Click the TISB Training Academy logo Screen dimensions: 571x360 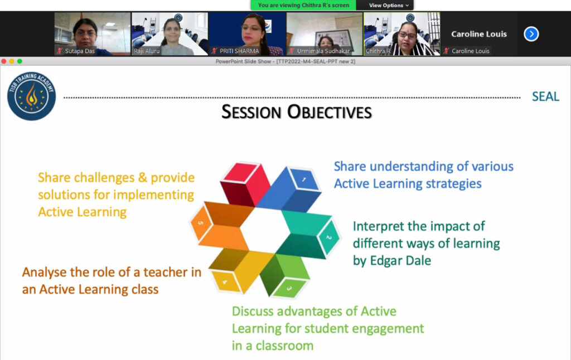coord(32,96)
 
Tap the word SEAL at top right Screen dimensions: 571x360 coord(545,96)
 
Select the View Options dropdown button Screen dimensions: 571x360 coord(388,5)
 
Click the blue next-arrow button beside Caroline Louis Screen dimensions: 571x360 coord(531,34)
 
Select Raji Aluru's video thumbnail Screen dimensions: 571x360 coord(170,34)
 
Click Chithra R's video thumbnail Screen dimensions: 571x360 coord(401,34)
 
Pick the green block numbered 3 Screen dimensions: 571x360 coord(286,275)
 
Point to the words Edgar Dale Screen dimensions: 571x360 coord(400,261)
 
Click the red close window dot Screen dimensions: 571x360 coord(4,61)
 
